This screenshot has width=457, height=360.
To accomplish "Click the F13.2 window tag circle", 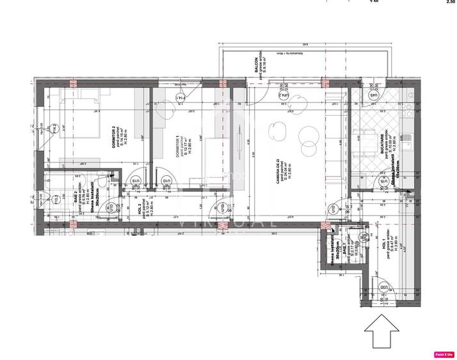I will tap(56, 200).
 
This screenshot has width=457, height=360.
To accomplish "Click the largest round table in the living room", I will tap(307, 136).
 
